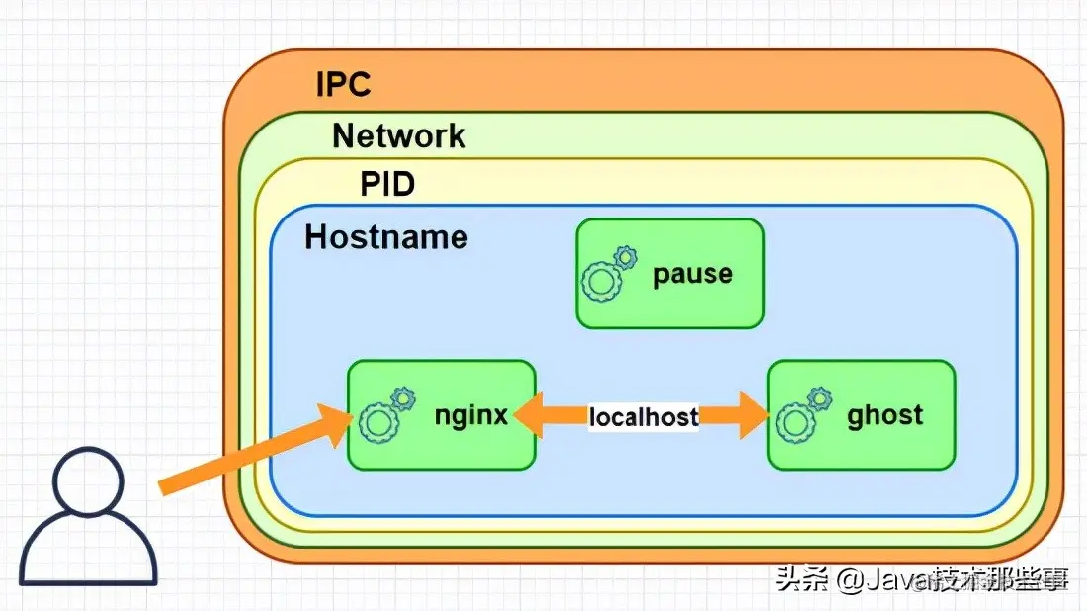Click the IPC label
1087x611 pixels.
pyautogui.click(x=343, y=84)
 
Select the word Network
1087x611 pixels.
pyautogui.click(x=398, y=135)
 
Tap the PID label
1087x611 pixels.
pyautogui.click(x=387, y=184)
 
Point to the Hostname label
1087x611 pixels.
pyautogui.click(x=385, y=237)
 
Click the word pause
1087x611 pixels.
pyautogui.click(x=693, y=274)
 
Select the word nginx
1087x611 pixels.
pyautogui.click(x=470, y=415)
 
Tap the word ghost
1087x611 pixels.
pyautogui.click(x=884, y=415)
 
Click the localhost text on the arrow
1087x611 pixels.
pyautogui.click(x=643, y=417)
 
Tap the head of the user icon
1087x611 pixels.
pyautogui.click(x=89, y=481)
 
